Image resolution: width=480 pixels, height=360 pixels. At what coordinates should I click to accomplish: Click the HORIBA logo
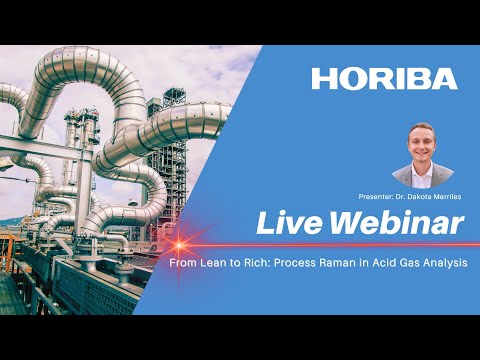pyautogui.click(x=384, y=78)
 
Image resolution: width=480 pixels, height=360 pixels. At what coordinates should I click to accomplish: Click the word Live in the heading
pyautogui.click(x=289, y=223)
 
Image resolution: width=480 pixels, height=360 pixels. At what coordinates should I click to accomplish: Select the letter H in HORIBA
pyautogui.click(x=322, y=78)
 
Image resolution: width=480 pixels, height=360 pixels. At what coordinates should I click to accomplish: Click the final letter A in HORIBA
pyautogui.click(x=445, y=78)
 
